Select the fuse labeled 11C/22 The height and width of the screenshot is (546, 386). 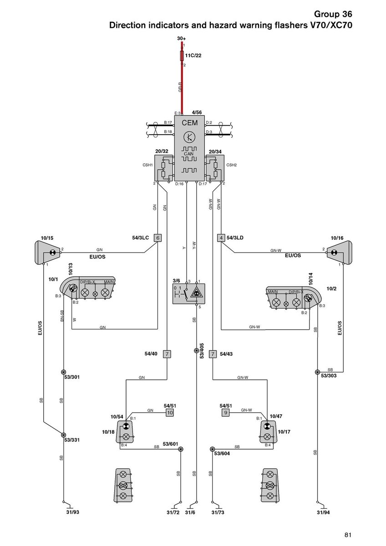[183, 56]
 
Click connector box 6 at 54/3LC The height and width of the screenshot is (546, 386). [157, 238]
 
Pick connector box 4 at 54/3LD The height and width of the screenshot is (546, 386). [221, 238]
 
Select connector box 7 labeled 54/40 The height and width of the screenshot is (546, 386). [168, 354]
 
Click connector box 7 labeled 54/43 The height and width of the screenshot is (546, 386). [213, 354]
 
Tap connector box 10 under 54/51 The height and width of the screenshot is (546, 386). [170, 413]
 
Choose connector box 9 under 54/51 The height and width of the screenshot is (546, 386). [225, 413]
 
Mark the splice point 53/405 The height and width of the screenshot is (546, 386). [196, 350]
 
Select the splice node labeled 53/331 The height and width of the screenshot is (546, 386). [64, 435]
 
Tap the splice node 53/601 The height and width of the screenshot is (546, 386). [181, 449]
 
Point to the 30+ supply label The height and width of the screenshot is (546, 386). [182, 40]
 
